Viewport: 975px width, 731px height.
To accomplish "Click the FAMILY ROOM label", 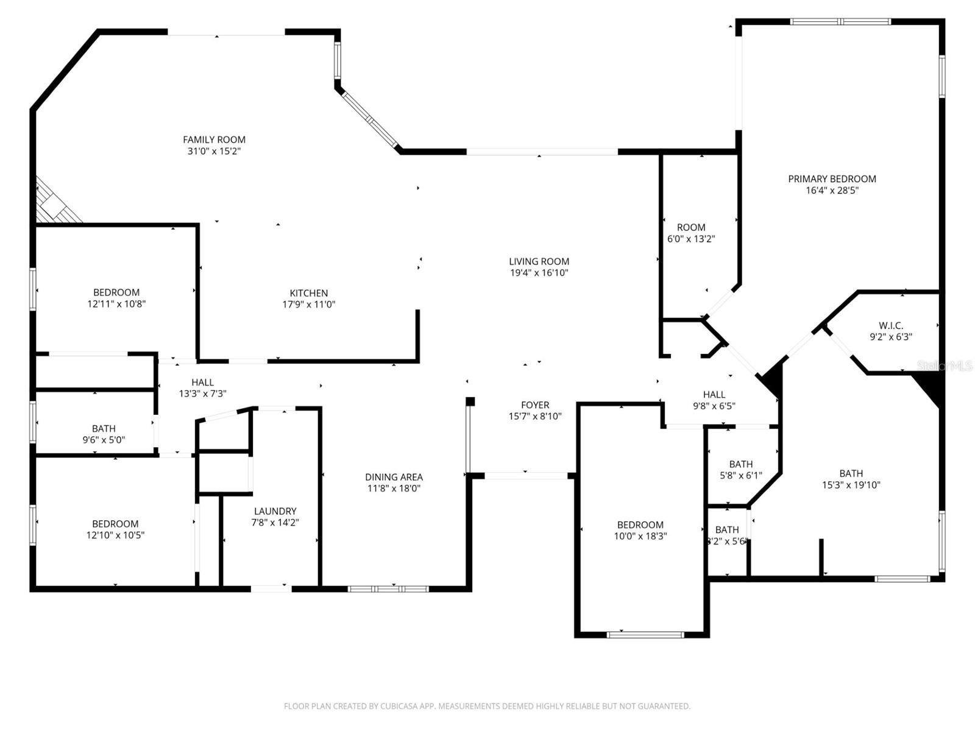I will click(214, 139).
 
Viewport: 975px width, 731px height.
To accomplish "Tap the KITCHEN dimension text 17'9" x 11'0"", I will click(308, 305).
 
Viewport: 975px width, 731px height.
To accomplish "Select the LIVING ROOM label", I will click(539, 261).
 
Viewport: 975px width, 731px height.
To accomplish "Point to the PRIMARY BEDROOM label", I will click(832, 178).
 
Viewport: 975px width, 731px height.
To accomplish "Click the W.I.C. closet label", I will click(890, 325).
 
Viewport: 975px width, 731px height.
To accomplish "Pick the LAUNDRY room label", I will click(275, 511).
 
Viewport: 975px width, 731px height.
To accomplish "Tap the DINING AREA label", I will click(394, 477).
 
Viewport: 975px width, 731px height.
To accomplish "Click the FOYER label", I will click(535, 405).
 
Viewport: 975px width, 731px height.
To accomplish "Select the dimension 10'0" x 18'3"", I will click(640, 537).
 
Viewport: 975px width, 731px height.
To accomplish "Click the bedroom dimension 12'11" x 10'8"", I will click(116, 304).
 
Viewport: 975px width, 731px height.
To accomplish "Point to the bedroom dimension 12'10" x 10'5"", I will click(115, 535).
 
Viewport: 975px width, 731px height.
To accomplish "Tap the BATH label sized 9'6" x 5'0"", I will click(104, 429).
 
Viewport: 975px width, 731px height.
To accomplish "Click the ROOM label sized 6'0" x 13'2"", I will click(691, 227).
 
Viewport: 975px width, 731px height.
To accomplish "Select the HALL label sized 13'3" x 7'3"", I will click(202, 383).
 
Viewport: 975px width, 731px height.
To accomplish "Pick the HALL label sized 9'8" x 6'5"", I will click(714, 395).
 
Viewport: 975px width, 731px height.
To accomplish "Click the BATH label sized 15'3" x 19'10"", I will click(851, 473).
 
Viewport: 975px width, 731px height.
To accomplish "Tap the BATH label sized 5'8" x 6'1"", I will click(740, 464).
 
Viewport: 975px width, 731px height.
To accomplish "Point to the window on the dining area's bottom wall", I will click(388, 589).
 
